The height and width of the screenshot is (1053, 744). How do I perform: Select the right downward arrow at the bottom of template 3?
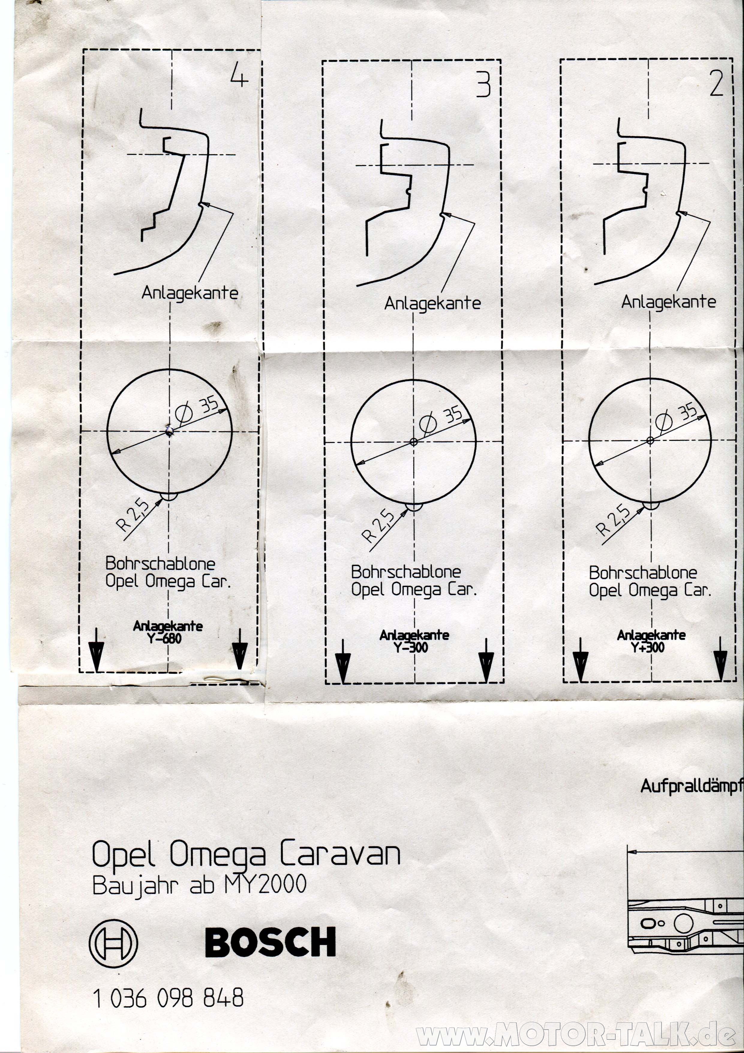486,661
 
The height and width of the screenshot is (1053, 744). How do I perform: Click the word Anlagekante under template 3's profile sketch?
432,304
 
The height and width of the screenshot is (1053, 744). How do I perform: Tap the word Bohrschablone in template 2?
643,573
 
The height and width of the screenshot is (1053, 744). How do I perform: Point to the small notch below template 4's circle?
169,497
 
